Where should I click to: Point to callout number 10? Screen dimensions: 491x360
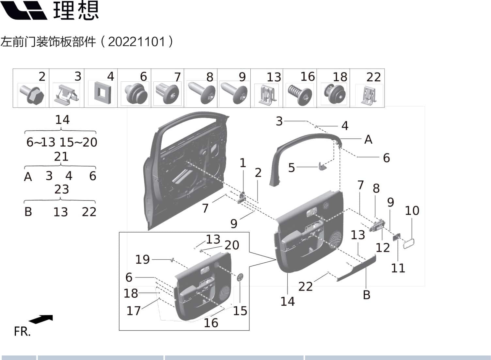pyautogui.click(x=412, y=211)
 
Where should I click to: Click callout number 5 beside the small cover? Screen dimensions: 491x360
pyautogui.click(x=291, y=168)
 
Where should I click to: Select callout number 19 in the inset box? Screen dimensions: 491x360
pyautogui.click(x=142, y=259)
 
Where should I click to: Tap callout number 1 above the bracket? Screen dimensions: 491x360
pyautogui.click(x=243, y=163)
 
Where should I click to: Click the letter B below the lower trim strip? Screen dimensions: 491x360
pyautogui.click(x=367, y=295)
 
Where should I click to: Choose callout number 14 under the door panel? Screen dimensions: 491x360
pyautogui.click(x=288, y=302)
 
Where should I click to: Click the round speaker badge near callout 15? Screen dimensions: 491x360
pyautogui.click(x=240, y=277)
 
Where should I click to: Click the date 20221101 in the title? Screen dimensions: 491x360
pyautogui.click(x=136, y=42)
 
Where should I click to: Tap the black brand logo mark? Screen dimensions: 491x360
pyautogui.click(x=24, y=10)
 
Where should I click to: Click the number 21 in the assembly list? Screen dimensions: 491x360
pyautogui.click(x=61, y=156)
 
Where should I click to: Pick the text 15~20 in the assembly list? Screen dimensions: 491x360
pyautogui.click(x=78, y=142)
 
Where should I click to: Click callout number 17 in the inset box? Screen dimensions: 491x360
pyautogui.click(x=134, y=311)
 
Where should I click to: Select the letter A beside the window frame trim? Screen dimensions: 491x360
pyautogui.click(x=368, y=139)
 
